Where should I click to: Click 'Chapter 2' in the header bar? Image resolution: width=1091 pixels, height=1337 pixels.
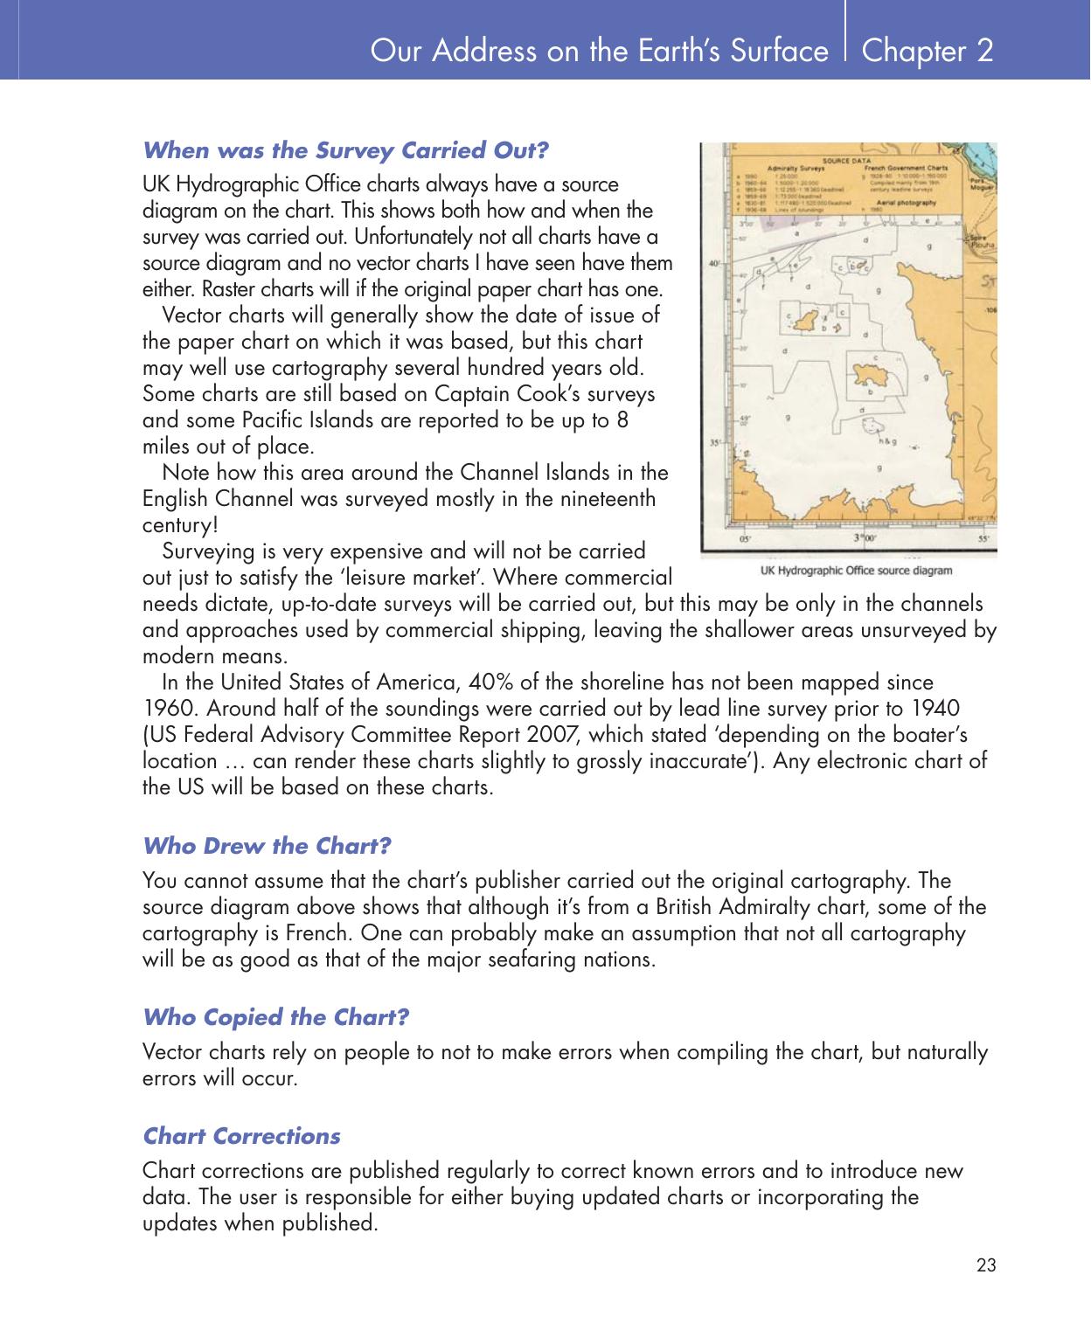point(928,51)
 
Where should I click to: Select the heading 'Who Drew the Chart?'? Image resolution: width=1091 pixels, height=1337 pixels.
point(267,846)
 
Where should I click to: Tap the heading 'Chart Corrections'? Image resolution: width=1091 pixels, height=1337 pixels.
point(241,1136)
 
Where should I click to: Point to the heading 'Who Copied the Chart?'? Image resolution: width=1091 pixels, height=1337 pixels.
point(275,1017)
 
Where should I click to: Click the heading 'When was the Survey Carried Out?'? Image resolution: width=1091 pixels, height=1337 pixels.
point(345,150)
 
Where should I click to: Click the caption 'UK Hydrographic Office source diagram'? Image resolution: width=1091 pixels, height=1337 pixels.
point(856,571)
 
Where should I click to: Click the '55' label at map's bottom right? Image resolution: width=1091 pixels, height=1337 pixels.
point(983,540)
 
